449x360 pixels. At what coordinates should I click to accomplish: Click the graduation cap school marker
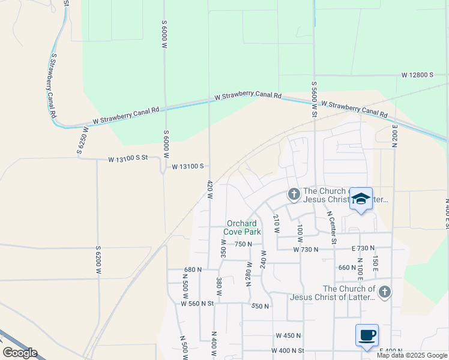point(361,199)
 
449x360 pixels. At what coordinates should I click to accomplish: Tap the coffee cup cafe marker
point(367,335)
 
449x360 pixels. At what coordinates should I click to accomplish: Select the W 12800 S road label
point(417,75)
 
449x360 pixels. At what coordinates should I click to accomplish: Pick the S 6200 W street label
point(98,260)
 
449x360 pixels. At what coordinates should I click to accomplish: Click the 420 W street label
point(210,194)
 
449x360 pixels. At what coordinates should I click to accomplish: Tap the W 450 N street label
point(287,335)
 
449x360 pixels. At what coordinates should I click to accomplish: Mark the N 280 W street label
point(249,274)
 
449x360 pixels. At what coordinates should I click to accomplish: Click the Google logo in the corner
point(20,353)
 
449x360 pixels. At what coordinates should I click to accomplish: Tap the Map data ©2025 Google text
point(412,355)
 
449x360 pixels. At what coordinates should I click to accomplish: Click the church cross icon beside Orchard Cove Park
point(294,194)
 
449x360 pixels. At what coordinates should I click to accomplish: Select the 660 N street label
point(347,268)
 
